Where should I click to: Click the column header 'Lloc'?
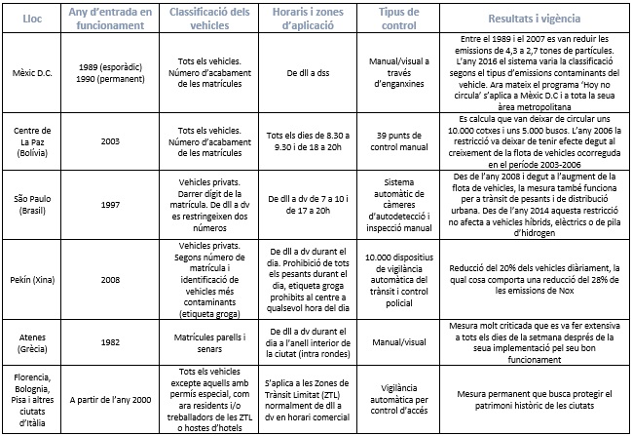pos(33,19)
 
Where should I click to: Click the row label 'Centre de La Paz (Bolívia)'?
pos(33,139)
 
